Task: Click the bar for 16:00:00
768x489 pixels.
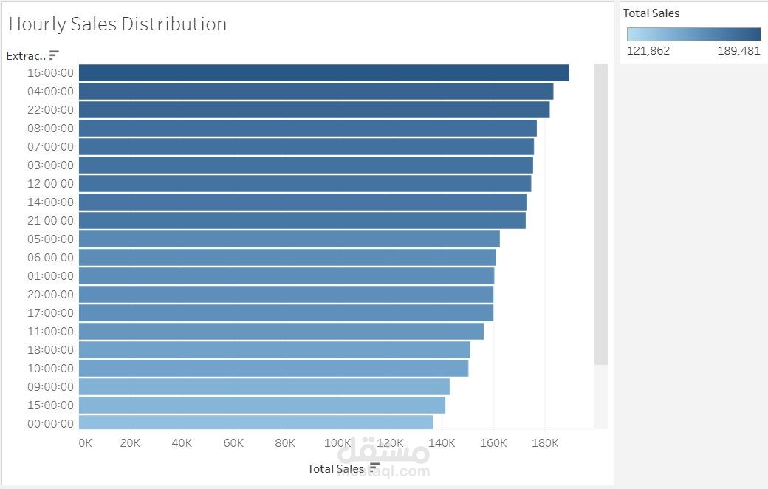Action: click(323, 72)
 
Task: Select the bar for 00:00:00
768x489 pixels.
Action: click(256, 423)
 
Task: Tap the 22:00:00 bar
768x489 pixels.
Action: click(314, 109)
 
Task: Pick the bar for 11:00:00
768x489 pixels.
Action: click(281, 331)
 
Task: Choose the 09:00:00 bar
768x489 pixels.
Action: click(264, 386)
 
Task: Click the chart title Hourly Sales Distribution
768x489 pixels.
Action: click(117, 24)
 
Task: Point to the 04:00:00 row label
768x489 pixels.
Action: click(49, 91)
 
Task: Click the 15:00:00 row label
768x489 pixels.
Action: click(49, 405)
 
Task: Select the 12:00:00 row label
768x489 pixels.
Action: click(49, 183)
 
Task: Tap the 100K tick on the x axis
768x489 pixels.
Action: click(337, 443)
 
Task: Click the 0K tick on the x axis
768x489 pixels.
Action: click(86, 443)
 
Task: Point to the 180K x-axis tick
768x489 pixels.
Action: click(545, 443)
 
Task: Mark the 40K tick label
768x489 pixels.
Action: click(182, 443)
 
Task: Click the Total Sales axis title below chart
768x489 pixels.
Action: click(336, 468)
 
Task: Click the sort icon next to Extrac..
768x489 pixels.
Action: click(54, 55)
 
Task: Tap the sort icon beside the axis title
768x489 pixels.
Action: click(374, 468)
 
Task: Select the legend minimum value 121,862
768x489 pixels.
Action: click(648, 51)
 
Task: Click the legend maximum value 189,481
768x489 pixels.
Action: click(738, 51)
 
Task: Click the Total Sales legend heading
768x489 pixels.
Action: click(651, 13)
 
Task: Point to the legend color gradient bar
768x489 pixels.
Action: click(693, 34)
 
